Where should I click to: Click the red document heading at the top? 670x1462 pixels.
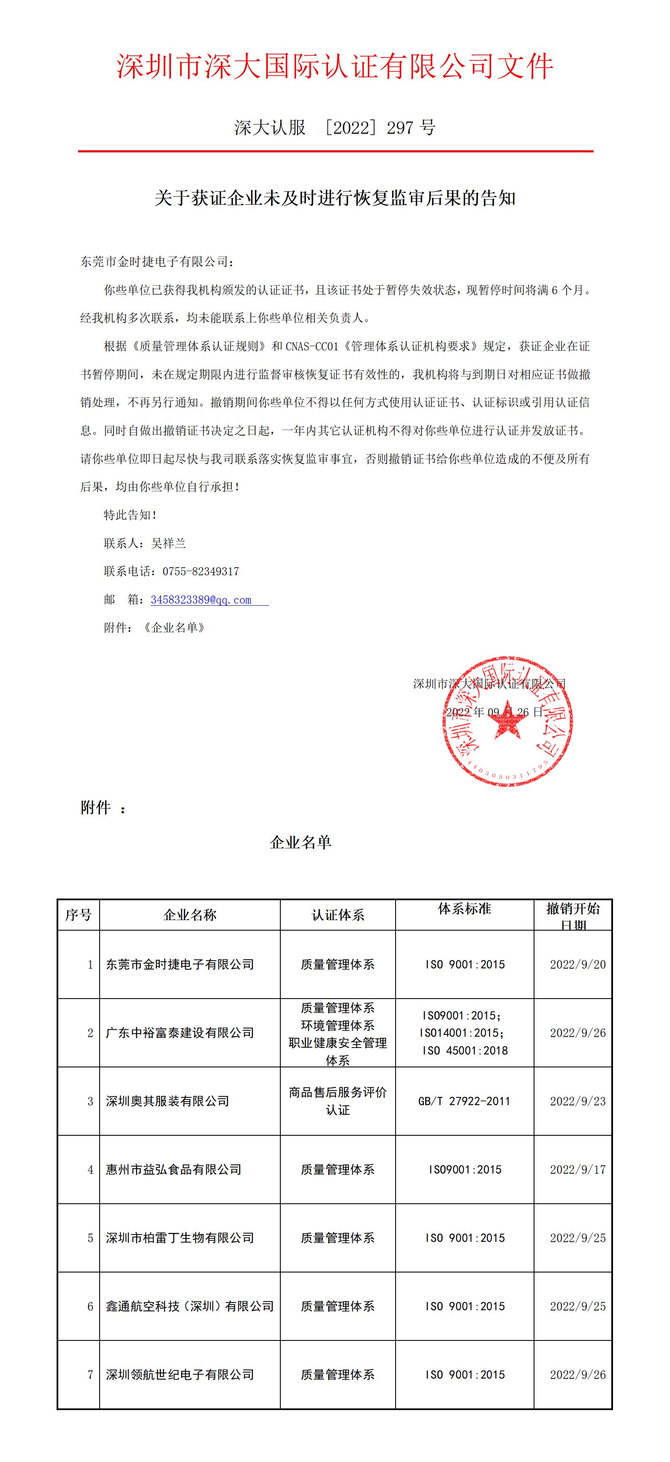[335, 66]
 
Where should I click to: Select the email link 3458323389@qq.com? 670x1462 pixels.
[201, 600]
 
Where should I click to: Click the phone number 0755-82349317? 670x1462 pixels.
[201, 571]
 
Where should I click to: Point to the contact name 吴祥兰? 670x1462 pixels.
[168, 543]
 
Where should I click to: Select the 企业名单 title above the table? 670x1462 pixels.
[300, 842]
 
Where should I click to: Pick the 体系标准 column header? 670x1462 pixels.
[464, 909]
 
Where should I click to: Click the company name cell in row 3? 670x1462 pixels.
[168, 1101]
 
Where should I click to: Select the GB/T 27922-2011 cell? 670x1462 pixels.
[464, 1101]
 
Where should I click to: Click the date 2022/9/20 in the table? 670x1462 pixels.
[578, 964]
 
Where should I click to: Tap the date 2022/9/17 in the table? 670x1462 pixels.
[578, 1170]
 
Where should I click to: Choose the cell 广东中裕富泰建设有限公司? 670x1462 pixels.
[180, 1033]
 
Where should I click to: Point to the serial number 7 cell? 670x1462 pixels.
[90, 1375]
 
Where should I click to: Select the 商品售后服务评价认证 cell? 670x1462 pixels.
[338, 1101]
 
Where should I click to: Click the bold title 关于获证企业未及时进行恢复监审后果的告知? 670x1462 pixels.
[335, 198]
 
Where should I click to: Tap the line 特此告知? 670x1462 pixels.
[130, 515]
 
